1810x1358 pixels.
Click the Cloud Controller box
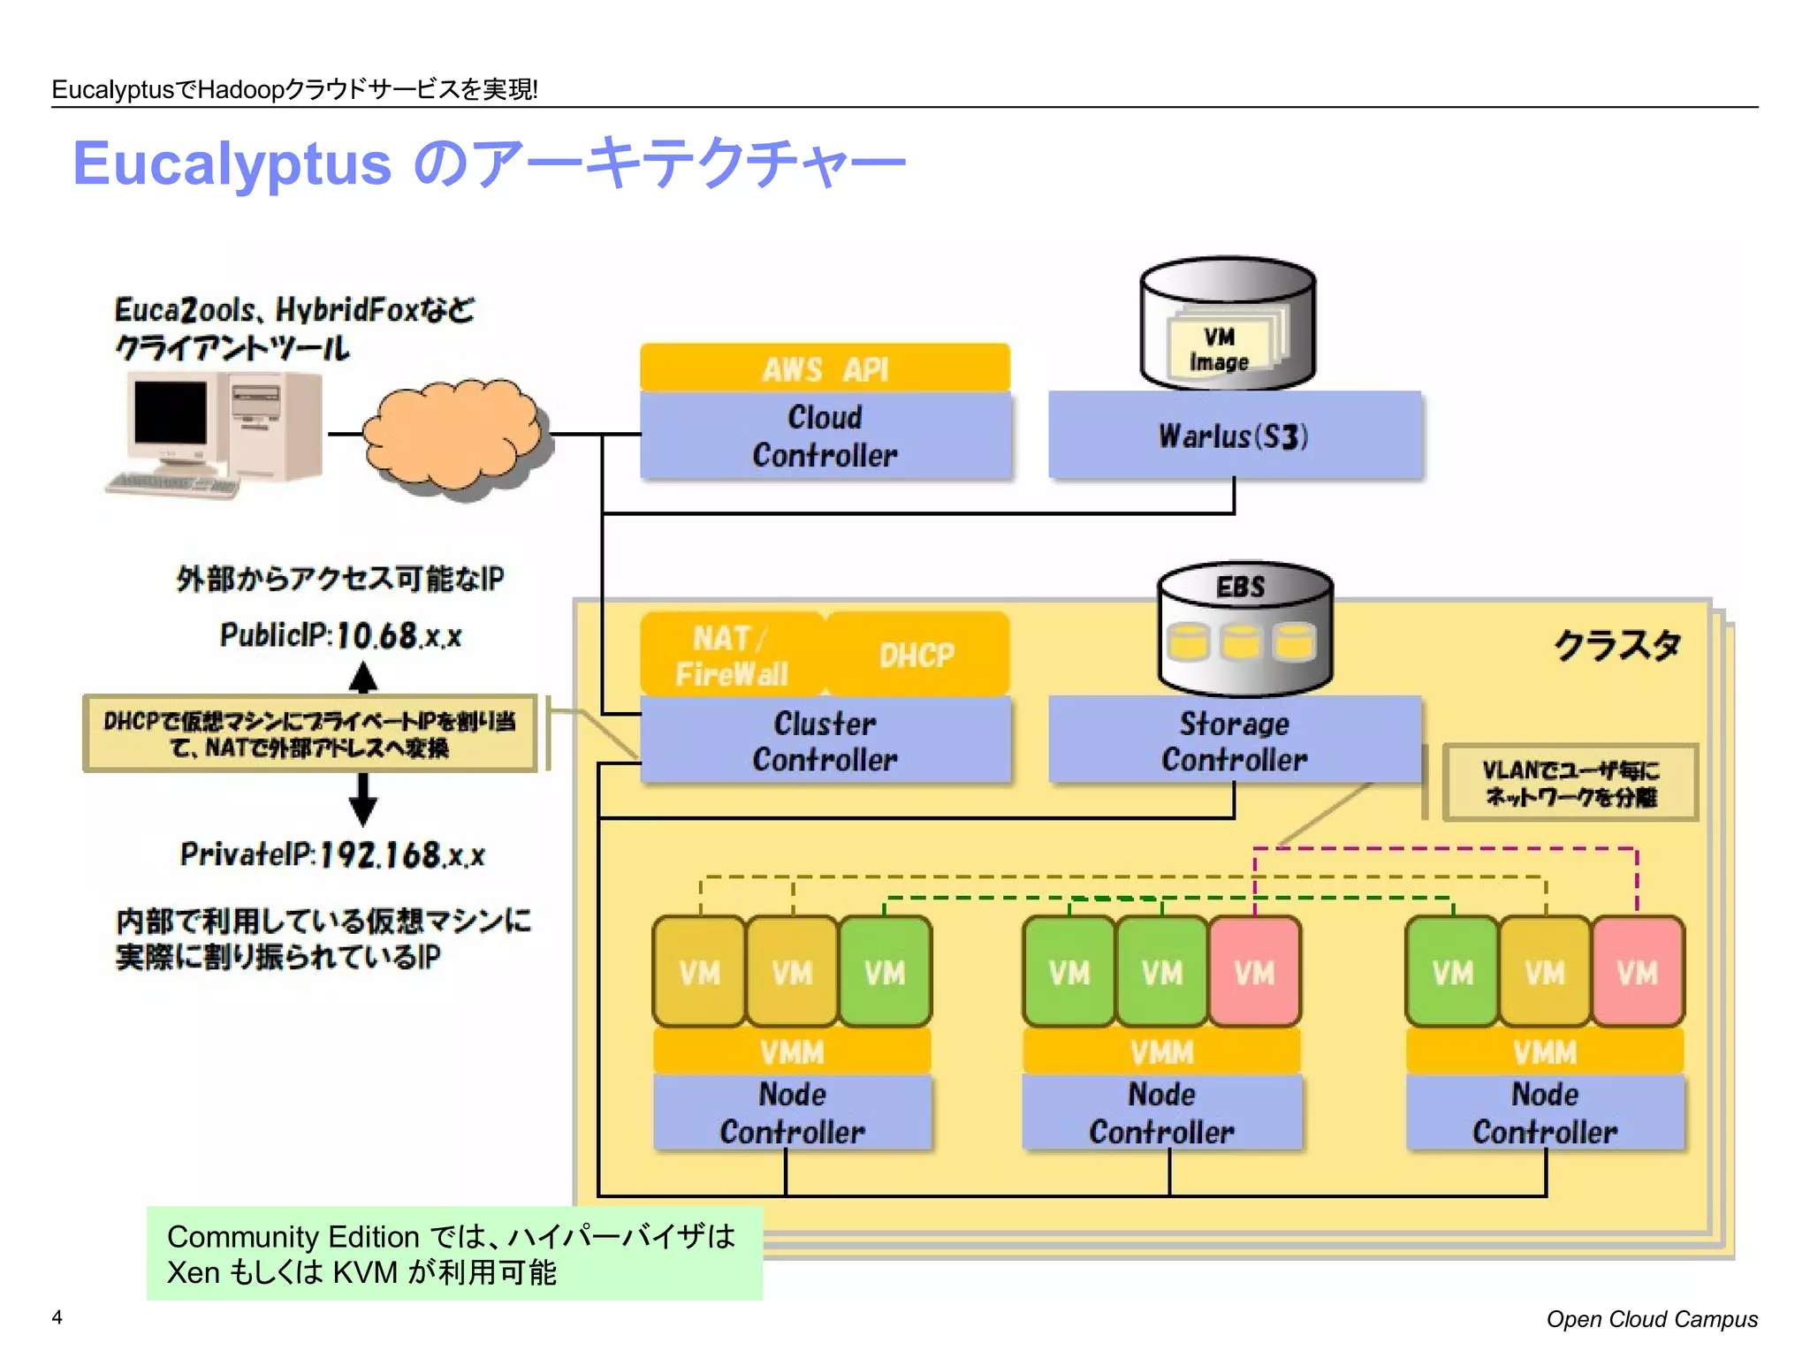825,436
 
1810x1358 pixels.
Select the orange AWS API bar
825,368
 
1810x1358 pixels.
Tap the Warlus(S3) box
1234,436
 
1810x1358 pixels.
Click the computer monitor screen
170,413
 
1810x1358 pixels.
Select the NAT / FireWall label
731,655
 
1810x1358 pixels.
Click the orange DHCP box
916,655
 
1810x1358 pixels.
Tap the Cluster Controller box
825,740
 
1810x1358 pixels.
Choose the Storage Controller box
1234,740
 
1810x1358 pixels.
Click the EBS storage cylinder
1243,629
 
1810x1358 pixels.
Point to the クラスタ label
1616,644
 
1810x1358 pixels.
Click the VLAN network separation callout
1570,783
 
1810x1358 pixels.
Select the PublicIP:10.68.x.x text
340,635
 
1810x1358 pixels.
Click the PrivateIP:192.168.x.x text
332,854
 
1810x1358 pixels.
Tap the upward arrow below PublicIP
363,678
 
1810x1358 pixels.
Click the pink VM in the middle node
1254,972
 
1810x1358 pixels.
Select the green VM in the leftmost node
884,972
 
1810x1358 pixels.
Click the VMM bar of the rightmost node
1544,1052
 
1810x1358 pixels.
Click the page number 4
57,1317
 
